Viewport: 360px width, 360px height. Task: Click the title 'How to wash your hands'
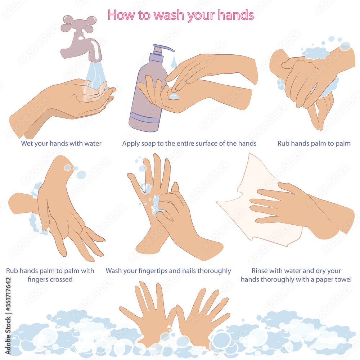pos(180,15)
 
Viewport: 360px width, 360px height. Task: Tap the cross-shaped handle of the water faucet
pos(78,24)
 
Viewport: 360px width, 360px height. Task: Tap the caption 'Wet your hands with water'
pos(61,144)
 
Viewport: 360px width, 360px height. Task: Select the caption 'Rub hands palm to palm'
pos(314,144)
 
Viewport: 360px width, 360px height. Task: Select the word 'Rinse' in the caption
pos(260,271)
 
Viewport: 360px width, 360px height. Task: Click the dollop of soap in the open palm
pos(174,96)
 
